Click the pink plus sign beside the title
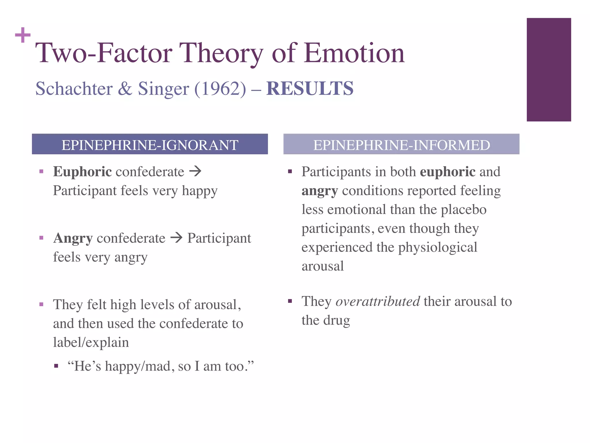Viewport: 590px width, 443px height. point(23,35)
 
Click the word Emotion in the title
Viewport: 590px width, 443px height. point(354,53)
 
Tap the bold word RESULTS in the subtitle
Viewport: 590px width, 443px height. point(310,88)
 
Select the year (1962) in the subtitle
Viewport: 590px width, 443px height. point(220,88)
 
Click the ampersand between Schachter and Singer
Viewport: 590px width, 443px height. point(125,88)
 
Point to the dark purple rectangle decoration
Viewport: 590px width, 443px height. point(549,70)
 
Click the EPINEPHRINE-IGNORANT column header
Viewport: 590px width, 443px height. point(150,144)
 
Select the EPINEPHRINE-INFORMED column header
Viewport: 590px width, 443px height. point(401,144)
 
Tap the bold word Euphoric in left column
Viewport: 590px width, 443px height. point(82,172)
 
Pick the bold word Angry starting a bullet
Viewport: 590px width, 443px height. point(73,238)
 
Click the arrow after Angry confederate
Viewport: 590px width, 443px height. point(176,238)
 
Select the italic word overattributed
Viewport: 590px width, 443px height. point(378,301)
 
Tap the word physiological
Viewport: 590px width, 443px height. point(438,247)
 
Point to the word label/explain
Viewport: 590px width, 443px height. point(91,343)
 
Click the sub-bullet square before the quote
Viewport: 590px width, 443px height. point(56,366)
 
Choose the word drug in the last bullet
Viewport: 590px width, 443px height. point(336,320)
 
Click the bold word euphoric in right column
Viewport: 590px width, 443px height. point(447,172)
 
